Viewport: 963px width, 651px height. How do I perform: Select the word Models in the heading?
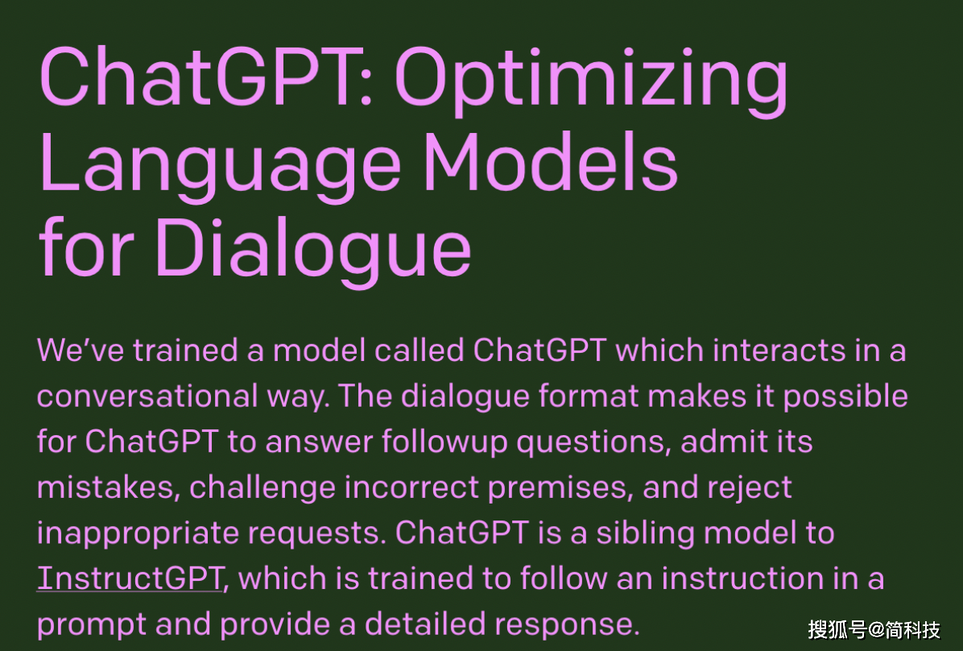[x=551, y=162]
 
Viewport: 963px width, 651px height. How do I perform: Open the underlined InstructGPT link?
[x=130, y=578]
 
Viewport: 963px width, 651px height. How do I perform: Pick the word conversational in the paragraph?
[x=147, y=396]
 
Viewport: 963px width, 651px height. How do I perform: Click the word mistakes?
[x=109, y=488]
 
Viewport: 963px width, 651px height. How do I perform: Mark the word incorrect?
[x=411, y=488]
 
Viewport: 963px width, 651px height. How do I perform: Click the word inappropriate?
[x=138, y=533]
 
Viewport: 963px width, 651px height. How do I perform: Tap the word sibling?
[x=646, y=533]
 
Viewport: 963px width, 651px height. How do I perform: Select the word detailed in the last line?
[x=426, y=624]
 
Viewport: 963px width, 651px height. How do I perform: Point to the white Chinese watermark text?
[x=874, y=629]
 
